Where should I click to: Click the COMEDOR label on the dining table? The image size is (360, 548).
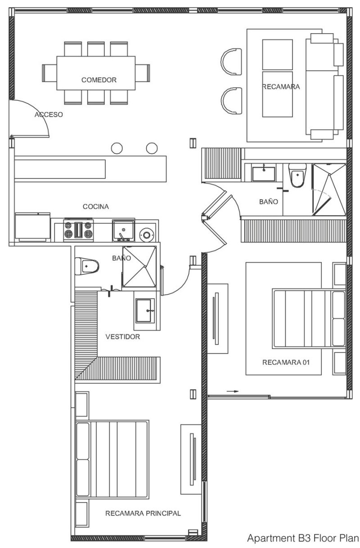(x=99, y=80)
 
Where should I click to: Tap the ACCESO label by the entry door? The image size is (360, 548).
(x=49, y=114)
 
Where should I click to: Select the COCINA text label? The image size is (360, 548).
(x=96, y=207)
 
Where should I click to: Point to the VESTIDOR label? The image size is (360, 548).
(x=122, y=337)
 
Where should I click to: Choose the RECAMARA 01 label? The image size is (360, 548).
(x=286, y=362)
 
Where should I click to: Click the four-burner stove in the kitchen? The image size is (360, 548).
(x=78, y=230)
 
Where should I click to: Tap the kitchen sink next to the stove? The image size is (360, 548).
(x=123, y=230)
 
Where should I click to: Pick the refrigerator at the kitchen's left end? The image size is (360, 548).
(x=32, y=227)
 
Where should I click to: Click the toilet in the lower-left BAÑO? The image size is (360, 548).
(x=87, y=266)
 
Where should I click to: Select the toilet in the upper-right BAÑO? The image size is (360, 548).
(x=297, y=175)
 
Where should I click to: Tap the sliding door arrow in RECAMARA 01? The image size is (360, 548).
(x=232, y=391)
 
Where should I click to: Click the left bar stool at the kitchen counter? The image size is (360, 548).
(x=117, y=148)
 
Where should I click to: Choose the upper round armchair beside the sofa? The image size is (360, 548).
(x=231, y=62)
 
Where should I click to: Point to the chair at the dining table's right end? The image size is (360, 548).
(x=143, y=73)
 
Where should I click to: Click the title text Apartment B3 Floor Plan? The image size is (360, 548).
(x=303, y=538)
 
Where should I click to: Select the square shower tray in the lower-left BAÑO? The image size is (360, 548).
(x=139, y=266)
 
